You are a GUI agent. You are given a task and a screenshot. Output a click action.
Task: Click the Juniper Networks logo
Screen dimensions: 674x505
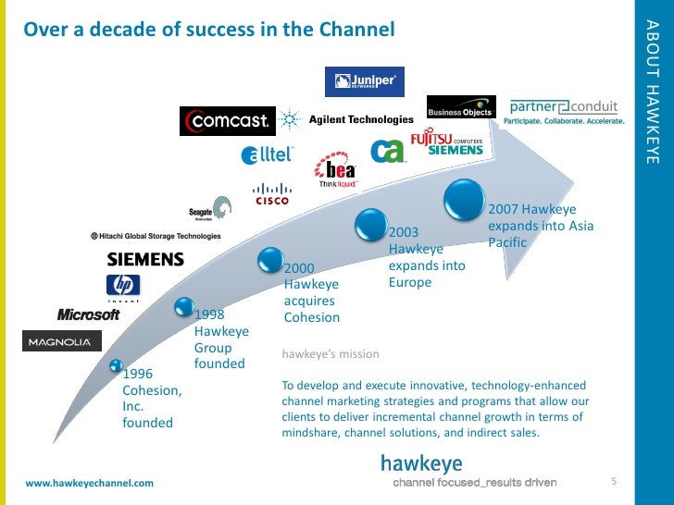pyautogui.click(x=364, y=82)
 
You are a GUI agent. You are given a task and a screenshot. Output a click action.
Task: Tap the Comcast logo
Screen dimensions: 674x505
pyautogui.click(x=228, y=120)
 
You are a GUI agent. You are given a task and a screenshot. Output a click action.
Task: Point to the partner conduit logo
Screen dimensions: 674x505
pyautogui.click(x=564, y=111)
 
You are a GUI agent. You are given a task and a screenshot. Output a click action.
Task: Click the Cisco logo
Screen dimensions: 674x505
pyautogui.click(x=272, y=193)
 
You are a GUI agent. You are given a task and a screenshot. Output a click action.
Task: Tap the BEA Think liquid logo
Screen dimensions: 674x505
pyautogui.click(x=335, y=172)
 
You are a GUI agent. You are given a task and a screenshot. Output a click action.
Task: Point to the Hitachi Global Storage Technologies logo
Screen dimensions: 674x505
pyautogui.click(x=156, y=236)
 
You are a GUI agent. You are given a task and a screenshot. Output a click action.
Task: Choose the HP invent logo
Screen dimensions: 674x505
pyautogui.click(x=123, y=287)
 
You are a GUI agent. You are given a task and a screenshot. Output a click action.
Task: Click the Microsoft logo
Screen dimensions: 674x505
pyautogui.click(x=89, y=314)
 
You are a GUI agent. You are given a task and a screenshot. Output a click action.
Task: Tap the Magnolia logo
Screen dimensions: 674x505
pyautogui.click(x=61, y=341)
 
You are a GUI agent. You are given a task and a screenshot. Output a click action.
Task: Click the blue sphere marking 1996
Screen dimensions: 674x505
pyautogui.click(x=117, y=368)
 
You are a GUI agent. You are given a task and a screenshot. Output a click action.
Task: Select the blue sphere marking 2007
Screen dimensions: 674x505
pyautogui.click(x=466, y=196)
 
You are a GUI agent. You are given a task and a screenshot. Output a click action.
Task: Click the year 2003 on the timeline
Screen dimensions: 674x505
pyautogui.click(x=405, y=232)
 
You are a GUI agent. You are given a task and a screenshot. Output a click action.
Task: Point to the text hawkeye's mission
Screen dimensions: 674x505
pyautogui.click(x=330, y=354)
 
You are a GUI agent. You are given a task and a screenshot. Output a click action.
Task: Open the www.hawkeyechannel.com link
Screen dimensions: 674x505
pyautogui.click(x=89, y=484)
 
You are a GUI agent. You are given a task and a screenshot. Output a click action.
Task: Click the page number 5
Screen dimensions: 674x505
pyautogui.click(x=614, y=481)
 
